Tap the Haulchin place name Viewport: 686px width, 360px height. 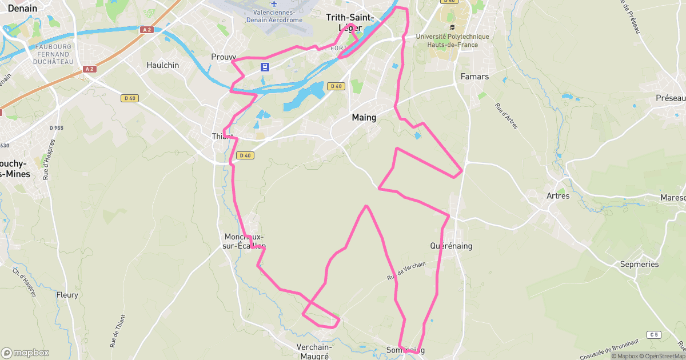(x=163, y=65)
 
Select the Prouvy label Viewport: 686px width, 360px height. (x=223, y=57)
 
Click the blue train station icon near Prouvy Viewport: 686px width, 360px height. (x=265, y=67)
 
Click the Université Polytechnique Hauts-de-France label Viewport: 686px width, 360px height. (x=453, y=41)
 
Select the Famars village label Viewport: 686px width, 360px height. (x=474, y=76)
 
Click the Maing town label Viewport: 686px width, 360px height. (x=364, y=118)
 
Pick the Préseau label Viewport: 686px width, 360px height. (x=670, y=98)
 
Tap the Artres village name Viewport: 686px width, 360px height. (x=558, y=196)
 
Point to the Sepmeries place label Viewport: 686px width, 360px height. (x=639, y=264)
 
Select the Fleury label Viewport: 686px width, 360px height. (x=67, y=295)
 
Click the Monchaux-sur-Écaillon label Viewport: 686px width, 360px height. (x=245, y=241)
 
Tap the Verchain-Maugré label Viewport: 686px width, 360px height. (x=314, y=351)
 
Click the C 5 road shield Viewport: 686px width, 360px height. (x=654, y=334)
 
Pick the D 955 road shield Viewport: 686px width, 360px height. (x=56, y=127)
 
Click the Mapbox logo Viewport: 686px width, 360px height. (x=25, y=353)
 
